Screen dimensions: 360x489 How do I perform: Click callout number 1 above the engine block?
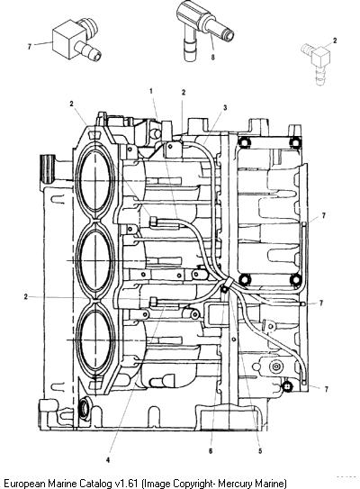(151, 91)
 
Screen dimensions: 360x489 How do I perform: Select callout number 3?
(225, 107)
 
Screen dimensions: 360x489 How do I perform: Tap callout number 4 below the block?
(108, 459)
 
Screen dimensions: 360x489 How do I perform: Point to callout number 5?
(260, 450)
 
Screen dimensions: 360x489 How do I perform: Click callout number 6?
(211, 450)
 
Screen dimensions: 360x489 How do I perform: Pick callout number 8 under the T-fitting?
(212, 58)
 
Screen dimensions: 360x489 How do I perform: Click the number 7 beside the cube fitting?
(30, 47)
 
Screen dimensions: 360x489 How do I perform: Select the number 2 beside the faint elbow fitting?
(335, 41)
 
